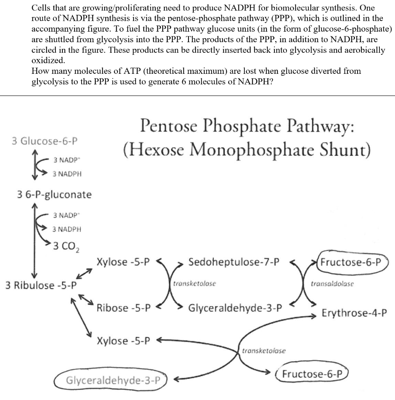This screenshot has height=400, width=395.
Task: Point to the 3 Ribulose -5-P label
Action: coord(41,285)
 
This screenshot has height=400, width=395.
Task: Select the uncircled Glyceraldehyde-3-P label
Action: coord(235,308)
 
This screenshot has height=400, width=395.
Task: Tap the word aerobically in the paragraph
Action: coord(359,50)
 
